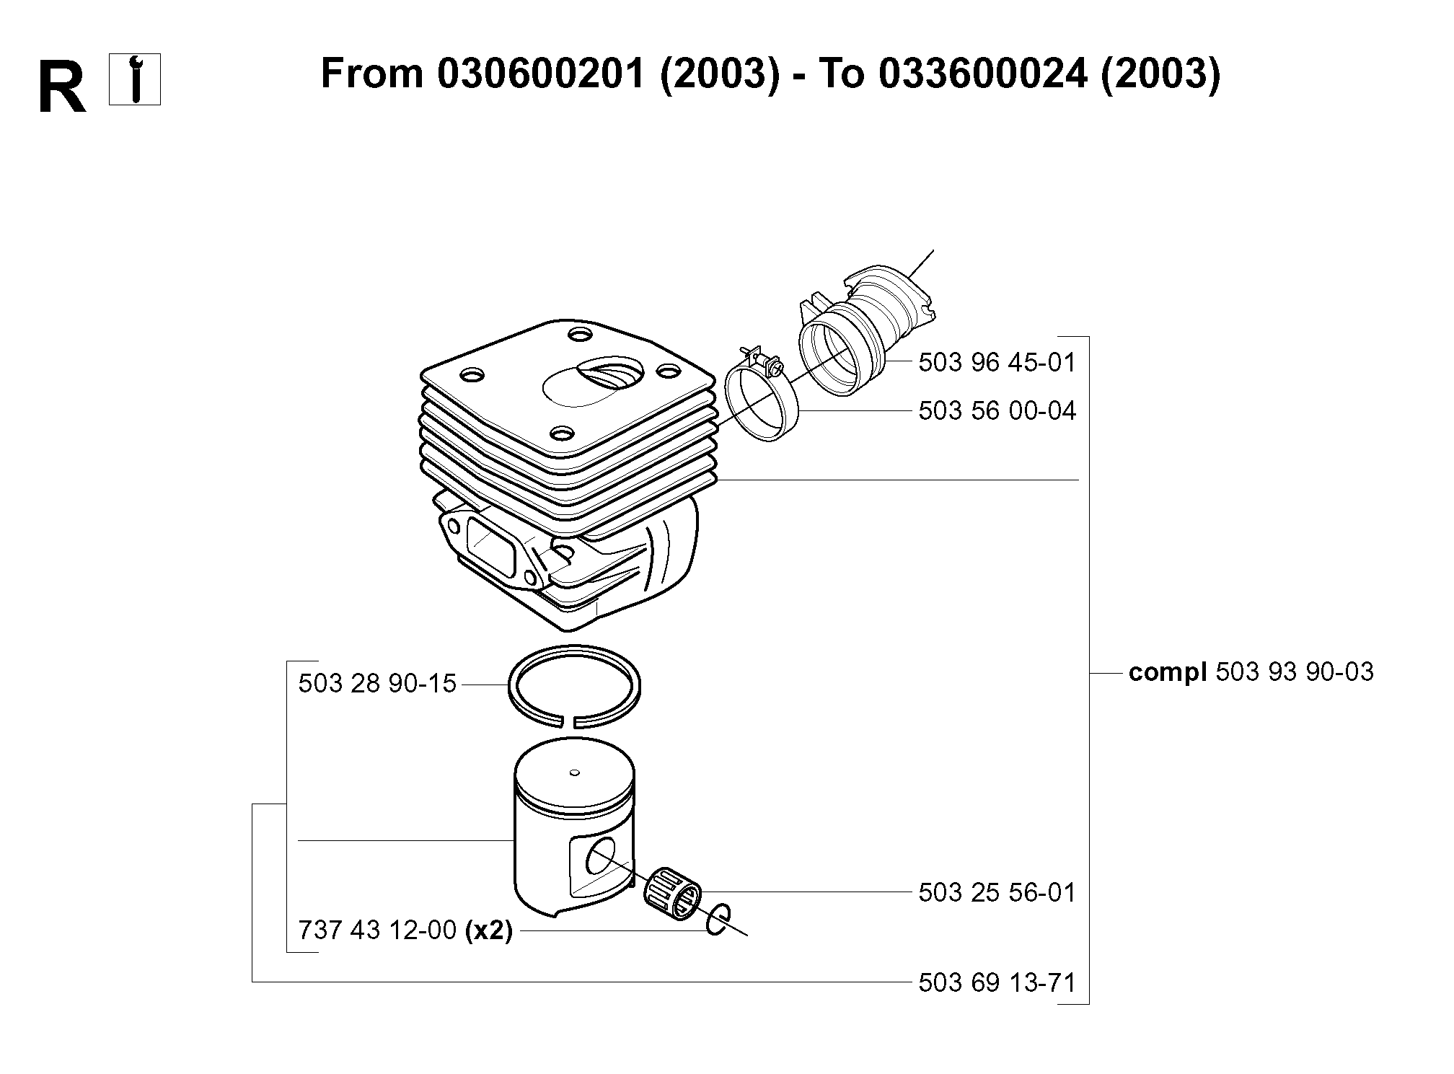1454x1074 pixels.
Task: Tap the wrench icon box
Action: [x=135, y=80]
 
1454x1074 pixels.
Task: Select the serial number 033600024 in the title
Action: [x=983, y=74]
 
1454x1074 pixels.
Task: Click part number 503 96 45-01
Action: [x=997, y=362]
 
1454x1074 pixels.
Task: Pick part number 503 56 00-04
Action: [x=997, y=411]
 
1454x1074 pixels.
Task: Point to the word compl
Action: [x=1168, y=673]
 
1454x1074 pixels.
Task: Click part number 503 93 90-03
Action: [x=1295, y=672]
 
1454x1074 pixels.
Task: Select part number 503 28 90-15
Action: [x=377, y=684]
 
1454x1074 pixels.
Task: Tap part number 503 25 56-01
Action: [x=997, y=893]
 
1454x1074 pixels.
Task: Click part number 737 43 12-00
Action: [x=377, y=930]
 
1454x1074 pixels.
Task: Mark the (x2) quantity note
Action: [x=489, y=931]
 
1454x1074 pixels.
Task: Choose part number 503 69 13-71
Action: [x=997, y=982]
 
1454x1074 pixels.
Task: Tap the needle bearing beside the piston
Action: [x=671, y=893]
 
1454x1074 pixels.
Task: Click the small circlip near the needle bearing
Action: [x=717, y=920]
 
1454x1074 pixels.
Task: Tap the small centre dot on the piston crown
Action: [x=575, y=773]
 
